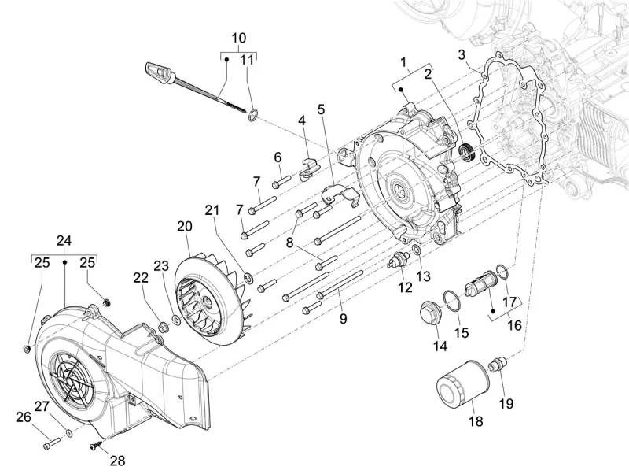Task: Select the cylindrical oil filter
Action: tap(460, 383)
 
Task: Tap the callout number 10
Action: tap(238, 38)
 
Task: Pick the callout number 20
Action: tap(184, 226)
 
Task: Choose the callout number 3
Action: tap(462, 54)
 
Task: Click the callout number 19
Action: tap(506, 404)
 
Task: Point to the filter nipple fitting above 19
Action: tap(495, 364)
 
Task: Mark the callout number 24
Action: tap(64, 240)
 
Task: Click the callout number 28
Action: tap(117, 461)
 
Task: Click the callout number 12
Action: tap(405, 287)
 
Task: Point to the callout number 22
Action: tap(140, 278)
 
